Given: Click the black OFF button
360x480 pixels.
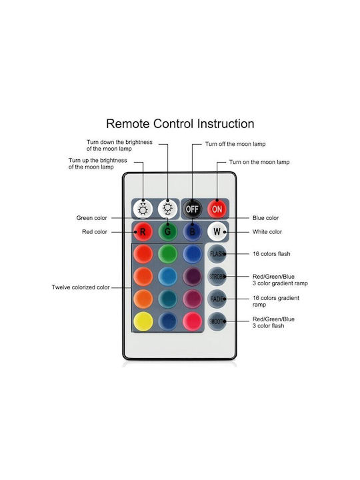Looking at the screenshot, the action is pos(192,209).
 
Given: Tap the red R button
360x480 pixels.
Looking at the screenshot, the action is pos(143,232).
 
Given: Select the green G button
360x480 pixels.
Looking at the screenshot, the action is pos(168,232).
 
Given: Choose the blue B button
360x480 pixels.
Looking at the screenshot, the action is pos(192,232).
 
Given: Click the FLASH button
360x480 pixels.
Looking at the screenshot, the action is pos(217,254).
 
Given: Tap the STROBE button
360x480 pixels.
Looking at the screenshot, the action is pos(217,277).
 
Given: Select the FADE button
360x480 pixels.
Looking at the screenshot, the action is pos(217,299).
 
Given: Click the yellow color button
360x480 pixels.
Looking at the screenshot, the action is pos(143,321).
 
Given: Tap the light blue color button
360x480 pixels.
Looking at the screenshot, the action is pos(168,277).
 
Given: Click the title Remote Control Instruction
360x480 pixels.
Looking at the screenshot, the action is pos(180,124).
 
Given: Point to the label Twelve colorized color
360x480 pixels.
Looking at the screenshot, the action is pos(81,287).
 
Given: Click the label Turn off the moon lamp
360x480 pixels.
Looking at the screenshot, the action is pos(235,144).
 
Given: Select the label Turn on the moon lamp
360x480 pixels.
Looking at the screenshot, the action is pos(259,162).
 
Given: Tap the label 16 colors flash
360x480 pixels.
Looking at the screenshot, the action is pos(271,254).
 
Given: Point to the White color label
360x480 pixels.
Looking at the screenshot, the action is pos(267,232).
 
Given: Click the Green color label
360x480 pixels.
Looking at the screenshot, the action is pos(92,218).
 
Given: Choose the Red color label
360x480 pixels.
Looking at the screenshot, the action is pos(95,232).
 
